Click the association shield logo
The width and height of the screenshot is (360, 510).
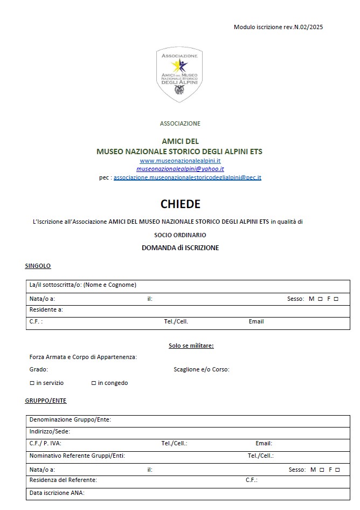[180, 74]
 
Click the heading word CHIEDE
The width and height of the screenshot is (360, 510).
[180, 204]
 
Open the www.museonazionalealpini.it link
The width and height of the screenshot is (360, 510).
[180, 161]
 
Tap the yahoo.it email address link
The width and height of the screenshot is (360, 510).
[180, 169]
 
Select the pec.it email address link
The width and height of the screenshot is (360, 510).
[187, 177]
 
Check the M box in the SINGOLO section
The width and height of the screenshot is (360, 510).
[320, 299]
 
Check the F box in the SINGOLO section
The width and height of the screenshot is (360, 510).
[336, 299]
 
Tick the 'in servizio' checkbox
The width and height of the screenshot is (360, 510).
[32, 383]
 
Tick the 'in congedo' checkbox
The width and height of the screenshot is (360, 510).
[93, 383]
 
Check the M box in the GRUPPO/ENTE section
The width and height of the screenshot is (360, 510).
[322, 470]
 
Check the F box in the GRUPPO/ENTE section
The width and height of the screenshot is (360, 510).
[338, 470]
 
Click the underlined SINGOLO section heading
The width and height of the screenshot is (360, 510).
[38, 266]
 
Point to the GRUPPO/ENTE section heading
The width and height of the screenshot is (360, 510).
[46, 401]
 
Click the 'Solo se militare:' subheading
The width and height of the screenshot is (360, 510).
[191, 346]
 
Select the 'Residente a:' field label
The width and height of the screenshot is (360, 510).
[46, 309]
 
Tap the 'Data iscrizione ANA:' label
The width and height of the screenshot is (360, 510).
[57, 493]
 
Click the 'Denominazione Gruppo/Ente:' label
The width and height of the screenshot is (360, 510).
[70, 419]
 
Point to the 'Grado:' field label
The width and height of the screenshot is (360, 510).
[39, 369]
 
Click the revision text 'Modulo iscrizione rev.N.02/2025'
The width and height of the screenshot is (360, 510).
[278, 27]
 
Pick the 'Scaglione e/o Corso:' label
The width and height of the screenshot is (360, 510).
[202, 369]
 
